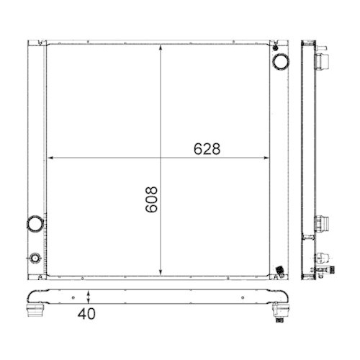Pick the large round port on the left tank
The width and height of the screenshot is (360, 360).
(34, 224)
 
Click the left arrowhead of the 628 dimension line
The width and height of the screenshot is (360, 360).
(50, 158)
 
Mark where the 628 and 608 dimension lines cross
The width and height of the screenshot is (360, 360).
(161, 158)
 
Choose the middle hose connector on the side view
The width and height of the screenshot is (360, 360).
(322, 222)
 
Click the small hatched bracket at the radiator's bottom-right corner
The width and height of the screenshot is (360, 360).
(279, 272)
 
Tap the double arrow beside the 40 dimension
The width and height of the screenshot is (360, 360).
(88, 297)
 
